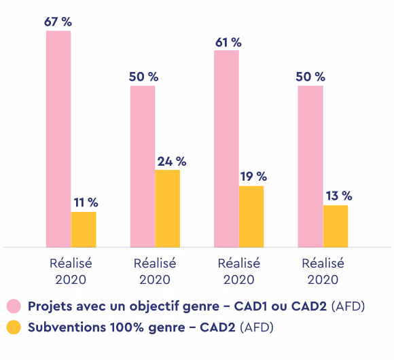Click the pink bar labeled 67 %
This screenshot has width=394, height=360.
(58, 139)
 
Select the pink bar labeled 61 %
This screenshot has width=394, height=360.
(226, 149)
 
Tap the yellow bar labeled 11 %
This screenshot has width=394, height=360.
(84, 230)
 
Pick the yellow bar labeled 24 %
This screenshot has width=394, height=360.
(168, 209)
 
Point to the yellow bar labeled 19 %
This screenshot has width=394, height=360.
(251, 217)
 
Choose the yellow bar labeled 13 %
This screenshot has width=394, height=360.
(335, 226)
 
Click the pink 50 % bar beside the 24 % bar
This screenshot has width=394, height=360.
(143, 166)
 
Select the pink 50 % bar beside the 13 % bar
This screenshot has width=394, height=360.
(310, 166)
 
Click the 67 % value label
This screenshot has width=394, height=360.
(58, 22)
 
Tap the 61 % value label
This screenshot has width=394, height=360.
(227, 42)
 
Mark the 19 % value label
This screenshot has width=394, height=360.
(253, 177)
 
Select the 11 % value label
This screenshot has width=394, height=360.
(85, 202)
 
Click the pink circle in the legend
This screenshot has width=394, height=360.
(14, 306)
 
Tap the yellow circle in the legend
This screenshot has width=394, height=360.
(14, 327)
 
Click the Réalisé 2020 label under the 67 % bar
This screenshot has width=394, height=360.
(71, 271)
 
